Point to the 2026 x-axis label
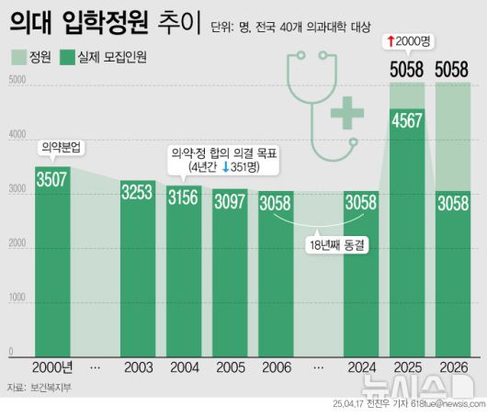coord(453,367)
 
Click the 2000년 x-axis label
coord(52,367)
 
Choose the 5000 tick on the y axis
coord(17,82)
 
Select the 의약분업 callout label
coord(60,147)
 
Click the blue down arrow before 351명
coord(225,168)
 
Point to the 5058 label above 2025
coord(407,68)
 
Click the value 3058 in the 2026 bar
coord(453,203)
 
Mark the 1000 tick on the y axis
coord(17,299)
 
